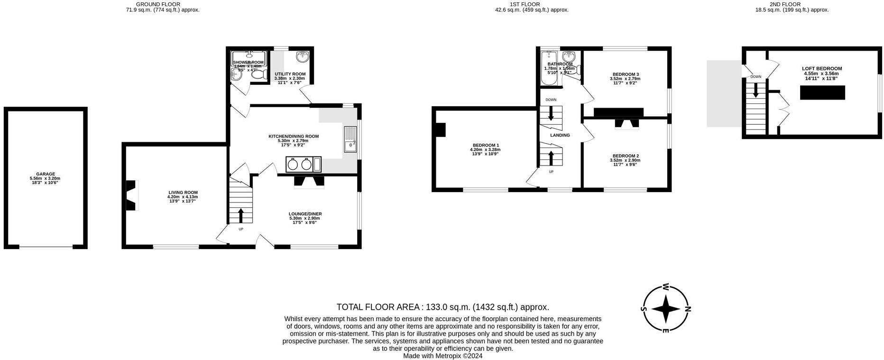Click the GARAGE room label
[x=46, y=174]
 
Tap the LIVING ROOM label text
[x=183, y=193]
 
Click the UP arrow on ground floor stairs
[x=240, y=215]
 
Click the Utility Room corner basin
[x=303, y=57]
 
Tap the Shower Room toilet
[x=258, y=74]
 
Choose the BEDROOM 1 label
[x=486, y=145]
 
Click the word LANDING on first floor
[x=560, y=135]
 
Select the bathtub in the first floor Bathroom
[x=549, y=70]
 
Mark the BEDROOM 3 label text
[x=626, y=74]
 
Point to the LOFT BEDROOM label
[x=821, y=69]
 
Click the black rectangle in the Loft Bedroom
[x=822, y=92]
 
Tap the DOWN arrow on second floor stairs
[x=755, y=90]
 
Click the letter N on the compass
[x=688, y=309]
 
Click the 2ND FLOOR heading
[x=792, y=4]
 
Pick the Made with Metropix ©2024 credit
[x=442, y=356]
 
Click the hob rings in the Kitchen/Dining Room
[x=299, y=164]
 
